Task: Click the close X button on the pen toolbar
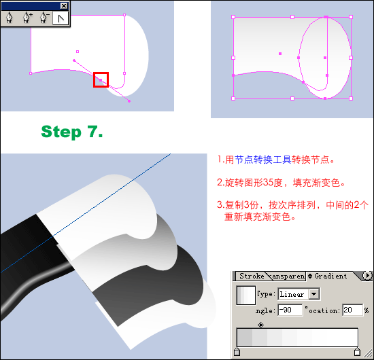[x=64, y=5]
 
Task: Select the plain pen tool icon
[x=9, y=18]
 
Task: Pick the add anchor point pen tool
[x=27, y=18]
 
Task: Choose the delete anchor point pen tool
[x=44, y=18]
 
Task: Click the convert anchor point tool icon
[x=61, y=18]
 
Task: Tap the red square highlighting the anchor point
[x=101, y=79]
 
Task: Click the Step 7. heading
[x=72, y=132]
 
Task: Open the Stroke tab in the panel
[x=252, y=276]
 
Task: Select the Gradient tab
[x=330, y=276]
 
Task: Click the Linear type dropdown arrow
[x=314, y=294]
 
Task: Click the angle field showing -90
[x=290, y=310]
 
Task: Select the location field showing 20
[x=352, y=310]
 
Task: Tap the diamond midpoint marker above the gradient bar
[x=260, y=325]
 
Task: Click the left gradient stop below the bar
[x=237, y=352]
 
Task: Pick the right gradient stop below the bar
[x=357, y=352]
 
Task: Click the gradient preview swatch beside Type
[x=246, y=295]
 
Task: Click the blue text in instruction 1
[x=263, y=160]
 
